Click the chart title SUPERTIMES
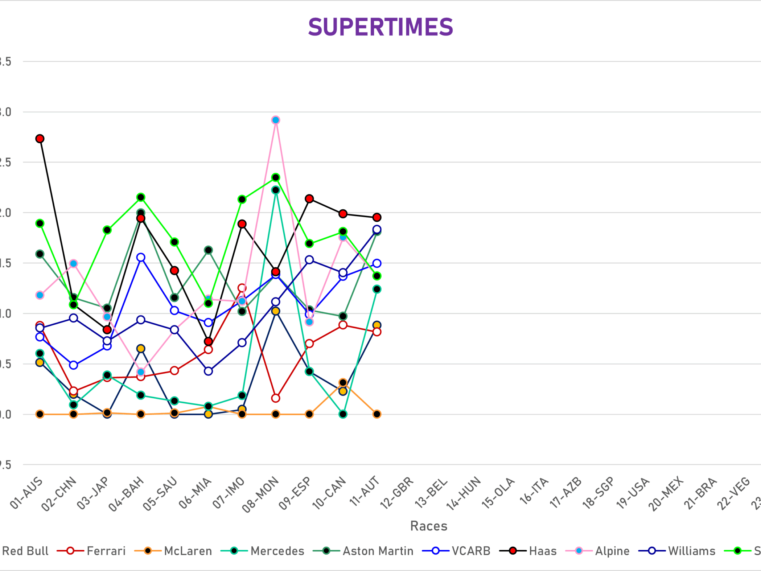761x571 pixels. click(x=380, y=27)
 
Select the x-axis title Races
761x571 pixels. click(x=428, y=526)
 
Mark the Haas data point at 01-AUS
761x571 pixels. click(x=40, y=139)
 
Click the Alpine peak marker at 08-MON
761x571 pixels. click(x=276, y=120)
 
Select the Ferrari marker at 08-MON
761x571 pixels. click(x=276, y=398)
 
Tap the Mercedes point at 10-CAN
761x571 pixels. click(x=343, y=414)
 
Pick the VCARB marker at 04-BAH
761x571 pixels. click(x=141, y=258)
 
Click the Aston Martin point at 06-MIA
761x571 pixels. click(x=208, y=250)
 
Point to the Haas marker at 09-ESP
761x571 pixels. click(x=309, y=199)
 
